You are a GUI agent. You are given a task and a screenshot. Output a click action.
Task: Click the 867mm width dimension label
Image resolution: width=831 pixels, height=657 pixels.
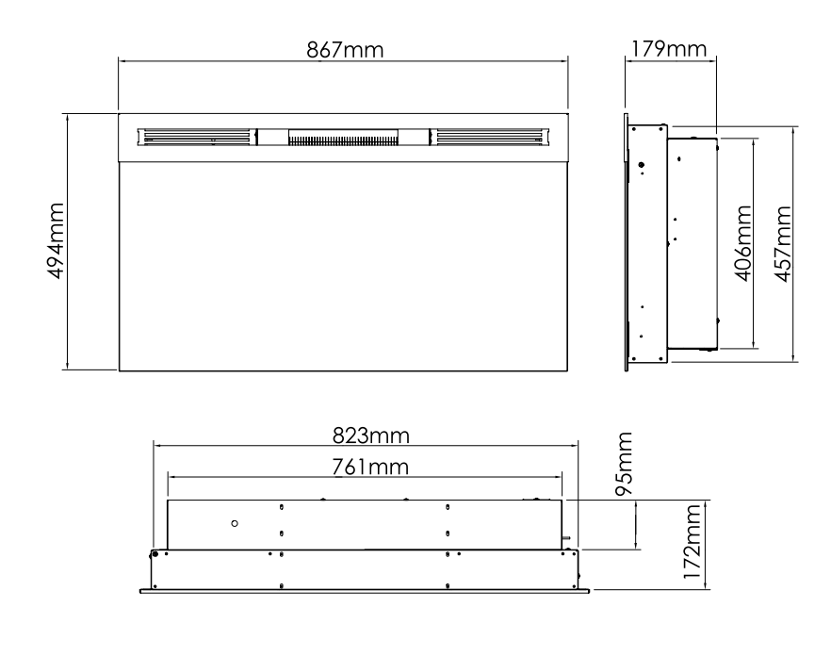pyautogui.click(x=345, y=50)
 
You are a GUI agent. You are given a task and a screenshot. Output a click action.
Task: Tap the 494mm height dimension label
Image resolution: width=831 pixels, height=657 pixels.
pyautogui.click(x=56, y=240)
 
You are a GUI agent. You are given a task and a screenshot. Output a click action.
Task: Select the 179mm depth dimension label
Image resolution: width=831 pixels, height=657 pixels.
pyautogui.click(x=669, y=49)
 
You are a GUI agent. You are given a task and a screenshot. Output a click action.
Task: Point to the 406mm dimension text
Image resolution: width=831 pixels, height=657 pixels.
pyautogui.click(x=743, y=243)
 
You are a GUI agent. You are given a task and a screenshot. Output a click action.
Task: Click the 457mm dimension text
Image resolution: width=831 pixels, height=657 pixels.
pyautogui.click(x=783, y=244)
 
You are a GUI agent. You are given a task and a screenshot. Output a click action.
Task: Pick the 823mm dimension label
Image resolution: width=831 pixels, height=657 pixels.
pyautogui.click(x=371, y=435)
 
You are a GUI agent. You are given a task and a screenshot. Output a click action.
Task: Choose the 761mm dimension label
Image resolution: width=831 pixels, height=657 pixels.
pyautogui.click(x=370, y=468)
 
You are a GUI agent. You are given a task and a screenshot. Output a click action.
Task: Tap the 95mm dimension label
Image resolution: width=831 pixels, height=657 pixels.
pyautogui.click(x=624, y=464)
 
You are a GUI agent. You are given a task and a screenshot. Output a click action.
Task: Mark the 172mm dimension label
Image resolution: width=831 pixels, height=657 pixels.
pyautogui.click(x=692, y=542)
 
